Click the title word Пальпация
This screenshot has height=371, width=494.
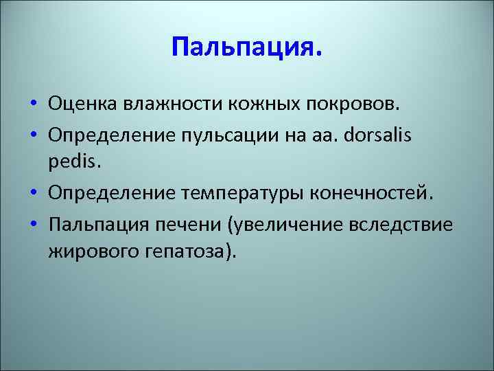[x=246, y=49]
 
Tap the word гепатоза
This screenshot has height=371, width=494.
[x=190, y=251]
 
